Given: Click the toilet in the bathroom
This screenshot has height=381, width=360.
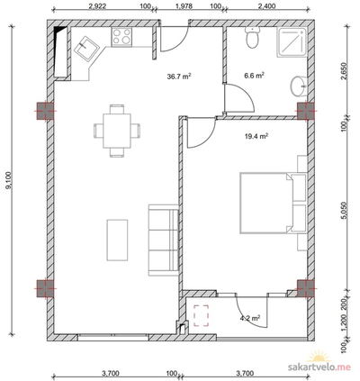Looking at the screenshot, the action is [252, 37].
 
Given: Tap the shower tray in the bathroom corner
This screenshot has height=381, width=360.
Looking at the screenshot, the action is [292, 42].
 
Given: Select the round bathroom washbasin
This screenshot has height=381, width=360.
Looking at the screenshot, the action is [299, 86].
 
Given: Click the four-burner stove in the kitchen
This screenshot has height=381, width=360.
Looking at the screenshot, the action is [121, 37].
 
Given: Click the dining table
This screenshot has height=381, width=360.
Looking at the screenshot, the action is [117, 131].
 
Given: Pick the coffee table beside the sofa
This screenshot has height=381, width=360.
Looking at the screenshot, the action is [117, 240].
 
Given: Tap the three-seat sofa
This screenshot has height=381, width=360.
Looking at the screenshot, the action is [164, 240].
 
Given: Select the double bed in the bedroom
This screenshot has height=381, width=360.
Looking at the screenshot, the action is [273, 203].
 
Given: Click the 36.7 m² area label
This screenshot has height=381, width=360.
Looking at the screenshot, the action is [179, 77].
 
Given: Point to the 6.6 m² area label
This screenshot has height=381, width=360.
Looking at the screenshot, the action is [254, 76].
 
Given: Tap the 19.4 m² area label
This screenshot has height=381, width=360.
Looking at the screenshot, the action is [256, 137].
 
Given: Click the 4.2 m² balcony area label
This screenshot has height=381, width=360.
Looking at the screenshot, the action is [250, 318].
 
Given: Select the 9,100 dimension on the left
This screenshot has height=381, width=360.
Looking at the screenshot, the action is [9, 181].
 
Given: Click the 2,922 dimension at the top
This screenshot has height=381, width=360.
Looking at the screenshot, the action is [97, 6].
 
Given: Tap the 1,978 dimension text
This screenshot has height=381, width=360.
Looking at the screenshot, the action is [184, 6].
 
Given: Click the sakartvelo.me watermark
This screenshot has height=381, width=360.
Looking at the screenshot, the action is [319, 367].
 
